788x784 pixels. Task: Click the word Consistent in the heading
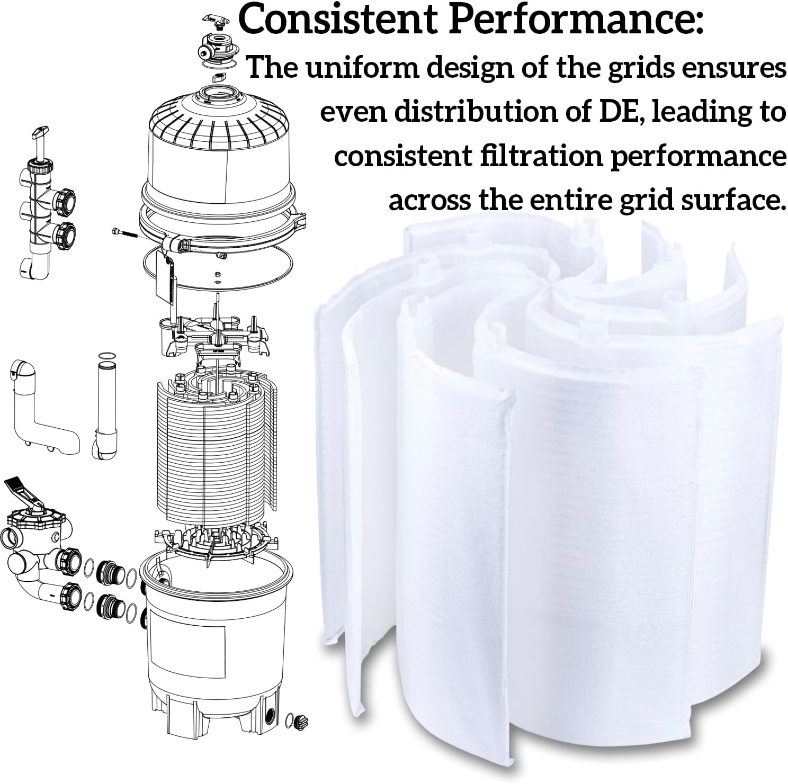click(337, 20)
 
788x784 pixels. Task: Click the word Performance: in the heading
click(576, 20)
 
